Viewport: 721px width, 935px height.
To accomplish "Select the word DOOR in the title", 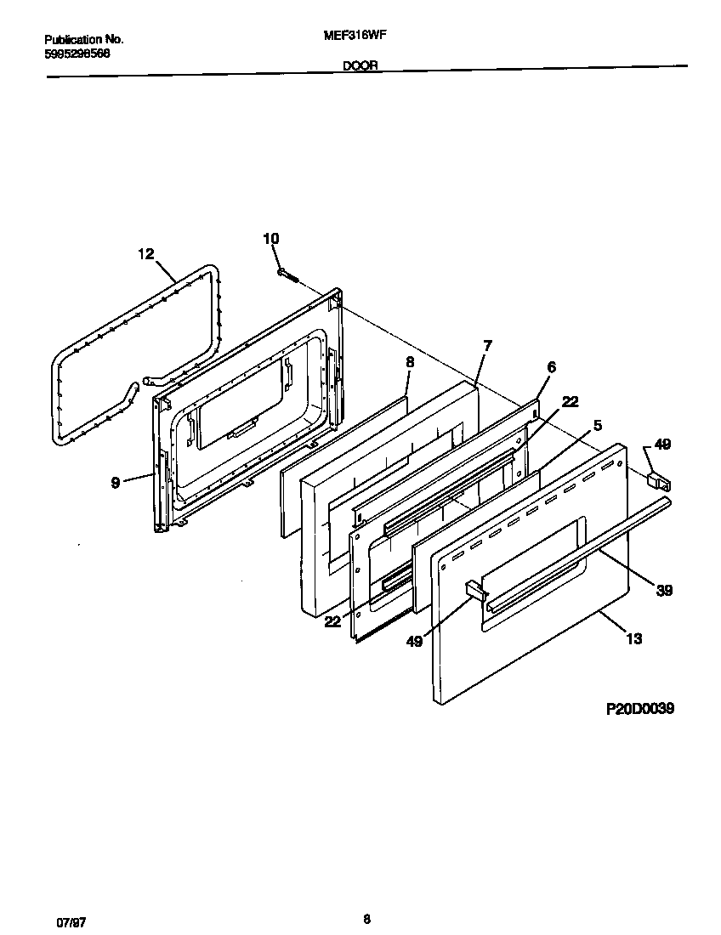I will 360,65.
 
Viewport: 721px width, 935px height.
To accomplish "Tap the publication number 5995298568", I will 77,54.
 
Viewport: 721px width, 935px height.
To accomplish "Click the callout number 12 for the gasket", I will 146,253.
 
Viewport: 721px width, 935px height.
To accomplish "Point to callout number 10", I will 270,240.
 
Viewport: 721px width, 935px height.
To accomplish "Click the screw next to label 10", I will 287,274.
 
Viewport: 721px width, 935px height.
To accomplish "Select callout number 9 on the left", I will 114,482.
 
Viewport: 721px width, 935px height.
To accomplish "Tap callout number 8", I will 410,361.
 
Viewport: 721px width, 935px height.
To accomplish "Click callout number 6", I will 551,367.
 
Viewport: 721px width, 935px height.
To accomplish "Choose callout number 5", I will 598,425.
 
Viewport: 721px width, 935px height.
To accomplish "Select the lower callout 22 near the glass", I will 332,621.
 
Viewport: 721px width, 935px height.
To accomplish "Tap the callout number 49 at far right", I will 662,444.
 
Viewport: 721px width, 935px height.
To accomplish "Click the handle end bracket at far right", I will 659,481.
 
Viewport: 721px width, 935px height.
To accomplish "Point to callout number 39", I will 664,591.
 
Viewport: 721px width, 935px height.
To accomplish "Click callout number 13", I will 633,639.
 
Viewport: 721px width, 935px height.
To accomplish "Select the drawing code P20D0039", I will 639,708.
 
